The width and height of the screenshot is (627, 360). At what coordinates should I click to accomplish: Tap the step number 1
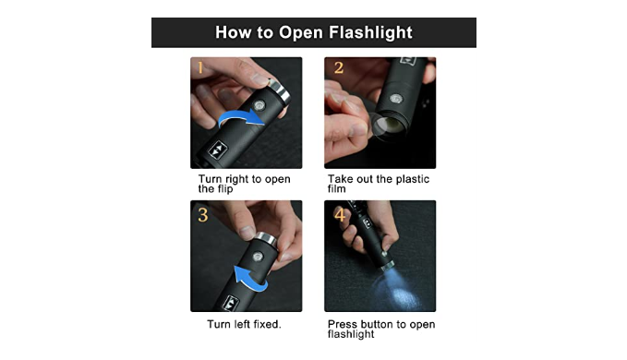tap(200, 67)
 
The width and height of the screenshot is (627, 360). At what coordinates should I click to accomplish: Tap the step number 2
tap(339, 67)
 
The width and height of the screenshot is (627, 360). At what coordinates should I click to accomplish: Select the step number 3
tap(203, 215)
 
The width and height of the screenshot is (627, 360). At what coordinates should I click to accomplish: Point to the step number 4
tap(340, 215)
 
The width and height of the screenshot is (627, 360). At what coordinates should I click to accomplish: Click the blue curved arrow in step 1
tap(241, 118)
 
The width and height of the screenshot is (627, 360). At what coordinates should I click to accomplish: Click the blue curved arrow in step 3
tap(250, 279)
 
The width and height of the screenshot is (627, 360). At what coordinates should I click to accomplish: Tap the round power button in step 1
tap(259, 105)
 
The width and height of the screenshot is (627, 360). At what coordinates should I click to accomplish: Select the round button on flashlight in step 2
tap(395, 99)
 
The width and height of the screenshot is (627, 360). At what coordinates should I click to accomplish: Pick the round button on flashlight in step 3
tap(258, 256)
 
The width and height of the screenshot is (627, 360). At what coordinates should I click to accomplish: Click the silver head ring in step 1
tap(279, 90)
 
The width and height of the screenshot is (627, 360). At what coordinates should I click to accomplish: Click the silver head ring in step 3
tap(266, 238)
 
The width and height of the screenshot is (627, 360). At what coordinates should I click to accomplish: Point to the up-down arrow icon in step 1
tap(218, 150)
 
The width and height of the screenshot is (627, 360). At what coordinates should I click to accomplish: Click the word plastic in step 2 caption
tap(412, 179)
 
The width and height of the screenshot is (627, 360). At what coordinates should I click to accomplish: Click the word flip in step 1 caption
tap(225, 189)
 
